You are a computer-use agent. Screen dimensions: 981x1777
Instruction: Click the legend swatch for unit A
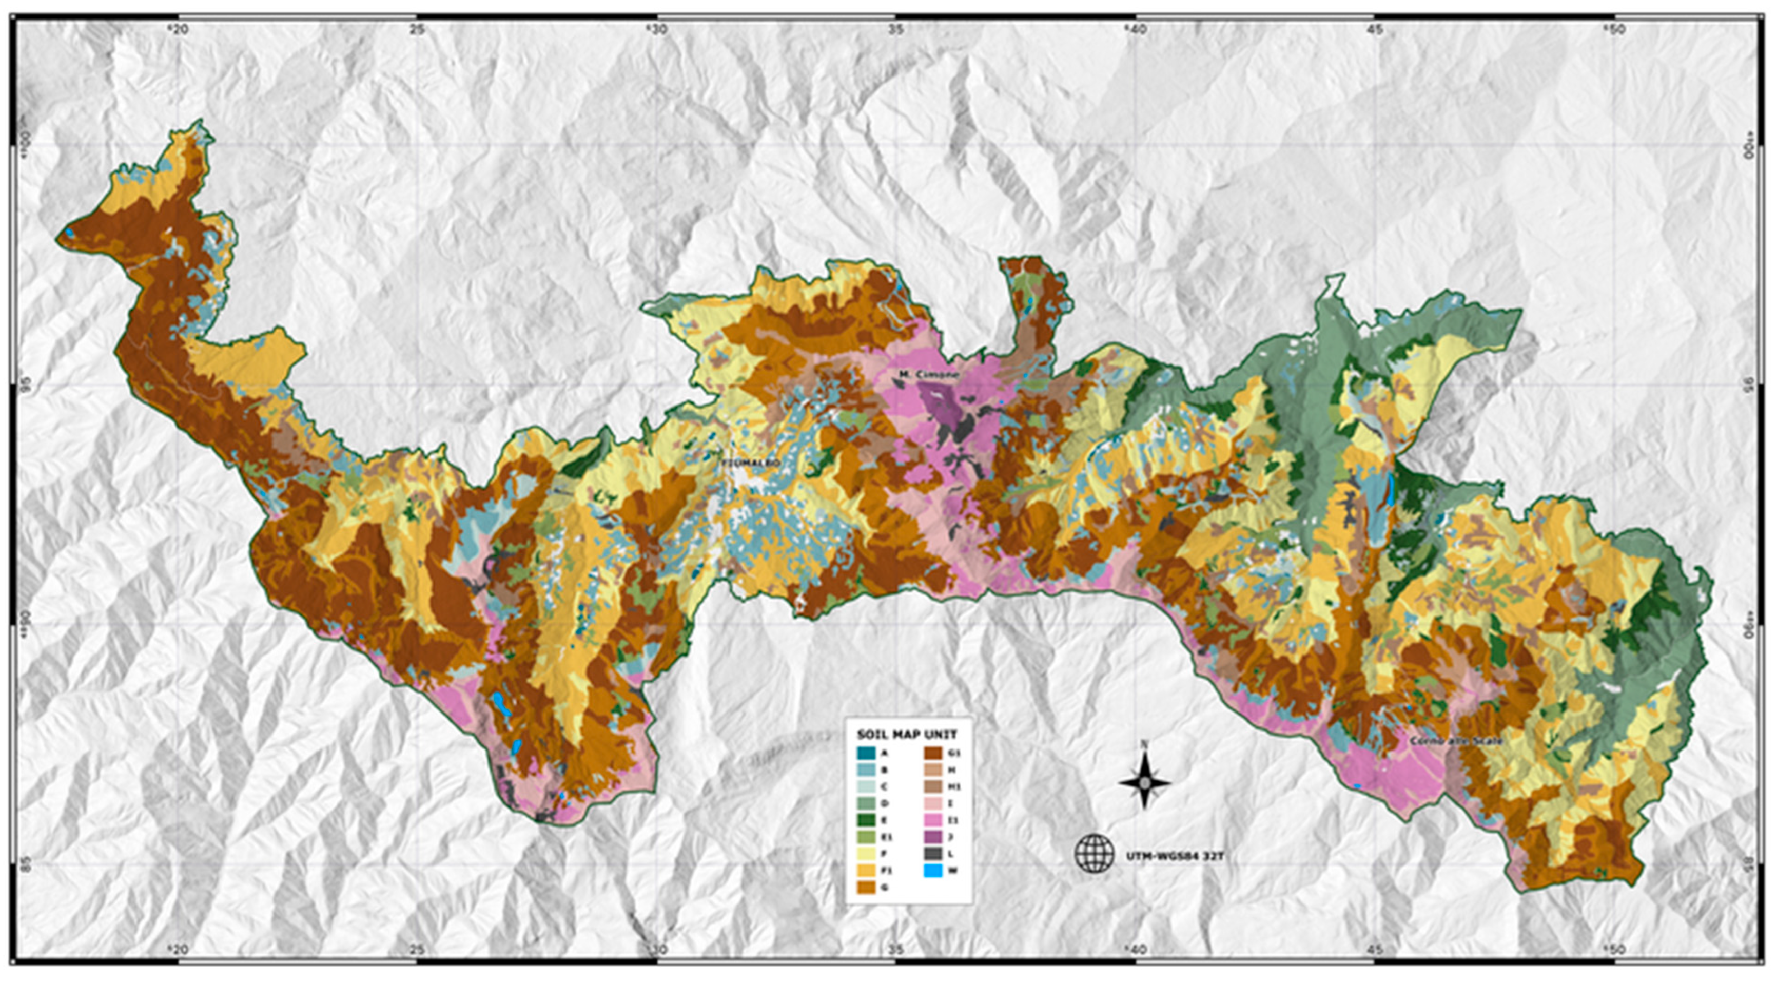866,753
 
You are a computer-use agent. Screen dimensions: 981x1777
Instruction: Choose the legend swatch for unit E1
866,837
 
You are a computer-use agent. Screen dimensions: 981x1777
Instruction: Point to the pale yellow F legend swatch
866,853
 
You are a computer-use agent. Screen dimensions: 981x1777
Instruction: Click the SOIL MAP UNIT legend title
906,734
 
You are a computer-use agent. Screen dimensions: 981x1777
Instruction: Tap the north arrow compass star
1144,782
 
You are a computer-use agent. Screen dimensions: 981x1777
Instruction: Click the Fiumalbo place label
751,463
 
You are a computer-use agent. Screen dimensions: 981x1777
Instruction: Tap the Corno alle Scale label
1456,740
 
